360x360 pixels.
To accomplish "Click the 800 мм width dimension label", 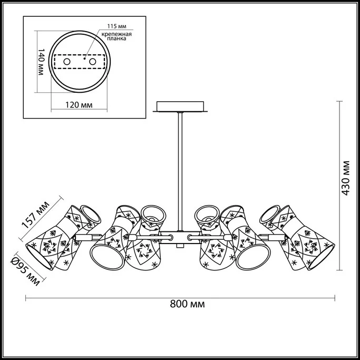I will coord(187,304).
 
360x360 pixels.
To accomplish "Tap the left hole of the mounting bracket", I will coord(67,62).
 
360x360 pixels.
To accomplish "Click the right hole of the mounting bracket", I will coord(93,62).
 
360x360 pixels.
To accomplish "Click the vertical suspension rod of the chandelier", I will coord(180,169).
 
